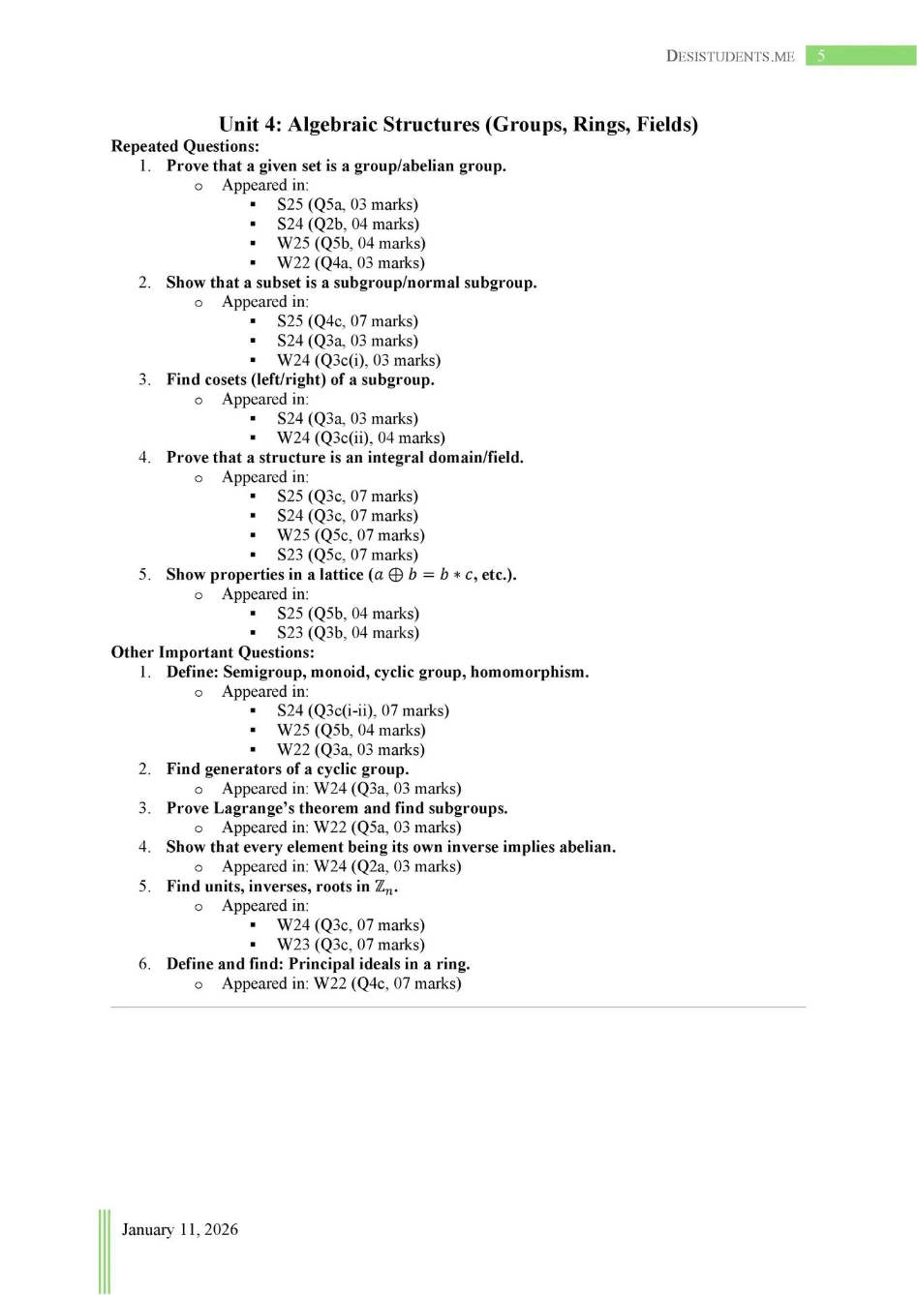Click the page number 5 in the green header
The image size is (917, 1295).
(821, 56)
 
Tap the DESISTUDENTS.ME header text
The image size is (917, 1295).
(730, 56)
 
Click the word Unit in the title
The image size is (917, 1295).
(238, 124)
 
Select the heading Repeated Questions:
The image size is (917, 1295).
(185, 146)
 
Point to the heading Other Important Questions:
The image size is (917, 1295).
(212, 652)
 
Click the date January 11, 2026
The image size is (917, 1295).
(179, 1229)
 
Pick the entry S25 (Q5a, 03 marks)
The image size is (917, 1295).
(348, 204)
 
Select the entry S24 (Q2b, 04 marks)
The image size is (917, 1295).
(348, 224)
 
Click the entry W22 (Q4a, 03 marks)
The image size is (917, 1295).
(351, 262)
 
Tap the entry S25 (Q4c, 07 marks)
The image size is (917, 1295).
(348, 321)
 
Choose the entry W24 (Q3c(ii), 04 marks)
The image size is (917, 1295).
(361, 437)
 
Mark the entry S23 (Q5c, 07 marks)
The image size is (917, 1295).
(348, 555)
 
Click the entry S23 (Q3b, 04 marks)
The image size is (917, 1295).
(348, 633)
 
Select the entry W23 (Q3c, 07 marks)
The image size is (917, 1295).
(351, 945)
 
